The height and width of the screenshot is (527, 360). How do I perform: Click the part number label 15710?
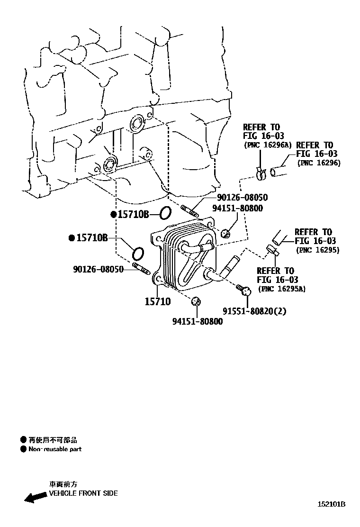click(x=158, y=301)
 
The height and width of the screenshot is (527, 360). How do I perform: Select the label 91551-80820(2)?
click(x=254, y=311)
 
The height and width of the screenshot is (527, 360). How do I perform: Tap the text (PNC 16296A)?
click(x=268, y=145)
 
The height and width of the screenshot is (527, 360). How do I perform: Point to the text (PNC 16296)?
click(x=319, y=163)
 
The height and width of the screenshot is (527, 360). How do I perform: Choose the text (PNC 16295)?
click(x=318, y=250)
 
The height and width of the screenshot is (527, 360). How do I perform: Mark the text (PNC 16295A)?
click(x=282, y=288)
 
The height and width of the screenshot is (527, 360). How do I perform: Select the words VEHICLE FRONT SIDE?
click(x=83, y=493)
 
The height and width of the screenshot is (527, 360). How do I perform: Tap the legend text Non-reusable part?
click(x=55, y=449)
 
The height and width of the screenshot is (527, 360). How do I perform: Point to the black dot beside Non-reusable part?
click(x=23, y=449)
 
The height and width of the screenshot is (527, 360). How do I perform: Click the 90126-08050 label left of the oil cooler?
click(x=98, y=269)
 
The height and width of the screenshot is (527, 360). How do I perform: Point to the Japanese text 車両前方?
click(x=63, y=484)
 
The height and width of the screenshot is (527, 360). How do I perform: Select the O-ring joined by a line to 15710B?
click(x=164, y=213)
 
